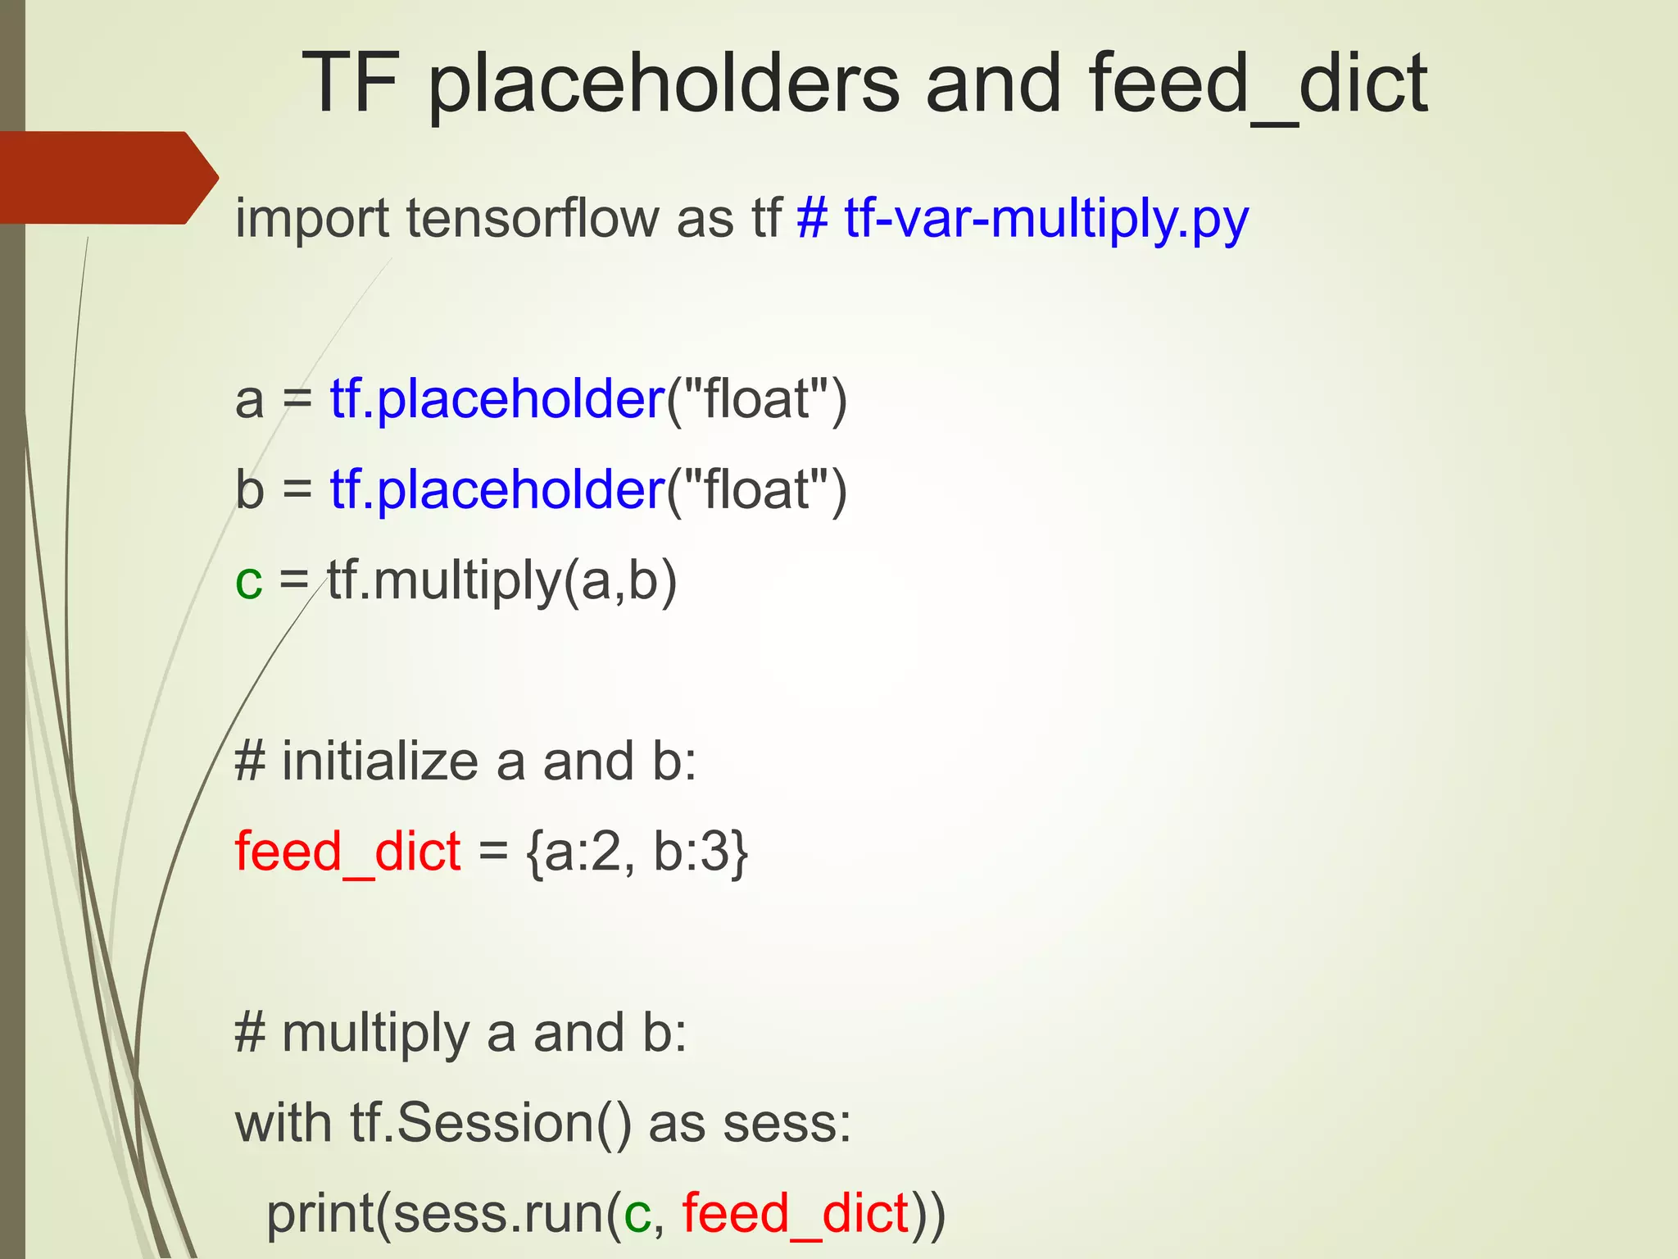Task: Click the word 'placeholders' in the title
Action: click(664, 84)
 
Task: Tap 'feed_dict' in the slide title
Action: click(1258, 84)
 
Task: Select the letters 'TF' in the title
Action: click(351, 84)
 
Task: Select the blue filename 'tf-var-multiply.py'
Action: click(1046, 220)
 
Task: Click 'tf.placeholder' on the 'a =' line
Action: click(497, 400)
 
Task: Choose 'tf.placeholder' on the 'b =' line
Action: click(497, 490)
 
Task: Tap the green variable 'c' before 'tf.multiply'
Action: click(248, 582)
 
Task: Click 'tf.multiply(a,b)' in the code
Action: click(502, 582)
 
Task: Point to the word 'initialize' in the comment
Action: click(380, 762)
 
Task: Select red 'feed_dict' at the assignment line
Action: click(347, 852)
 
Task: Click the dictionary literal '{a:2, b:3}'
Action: click(637, 852)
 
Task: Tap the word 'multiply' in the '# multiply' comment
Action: click(375, 1034)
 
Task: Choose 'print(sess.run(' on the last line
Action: click(443, 1215)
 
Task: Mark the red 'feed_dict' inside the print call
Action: click(796, 1215)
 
